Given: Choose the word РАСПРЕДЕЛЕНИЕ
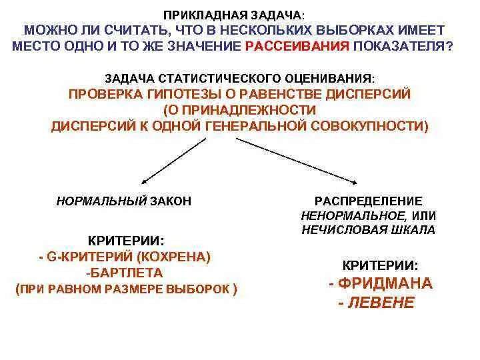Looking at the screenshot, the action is [x=368, y=201].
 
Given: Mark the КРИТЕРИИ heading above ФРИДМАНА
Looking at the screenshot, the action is [x=380, y=264].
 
